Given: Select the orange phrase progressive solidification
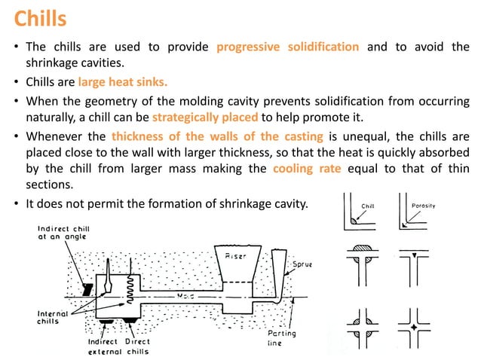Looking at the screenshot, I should pyautogui.click(x=287, y=47).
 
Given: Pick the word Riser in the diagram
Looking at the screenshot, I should pyautogui.click(x=235, y=257).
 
